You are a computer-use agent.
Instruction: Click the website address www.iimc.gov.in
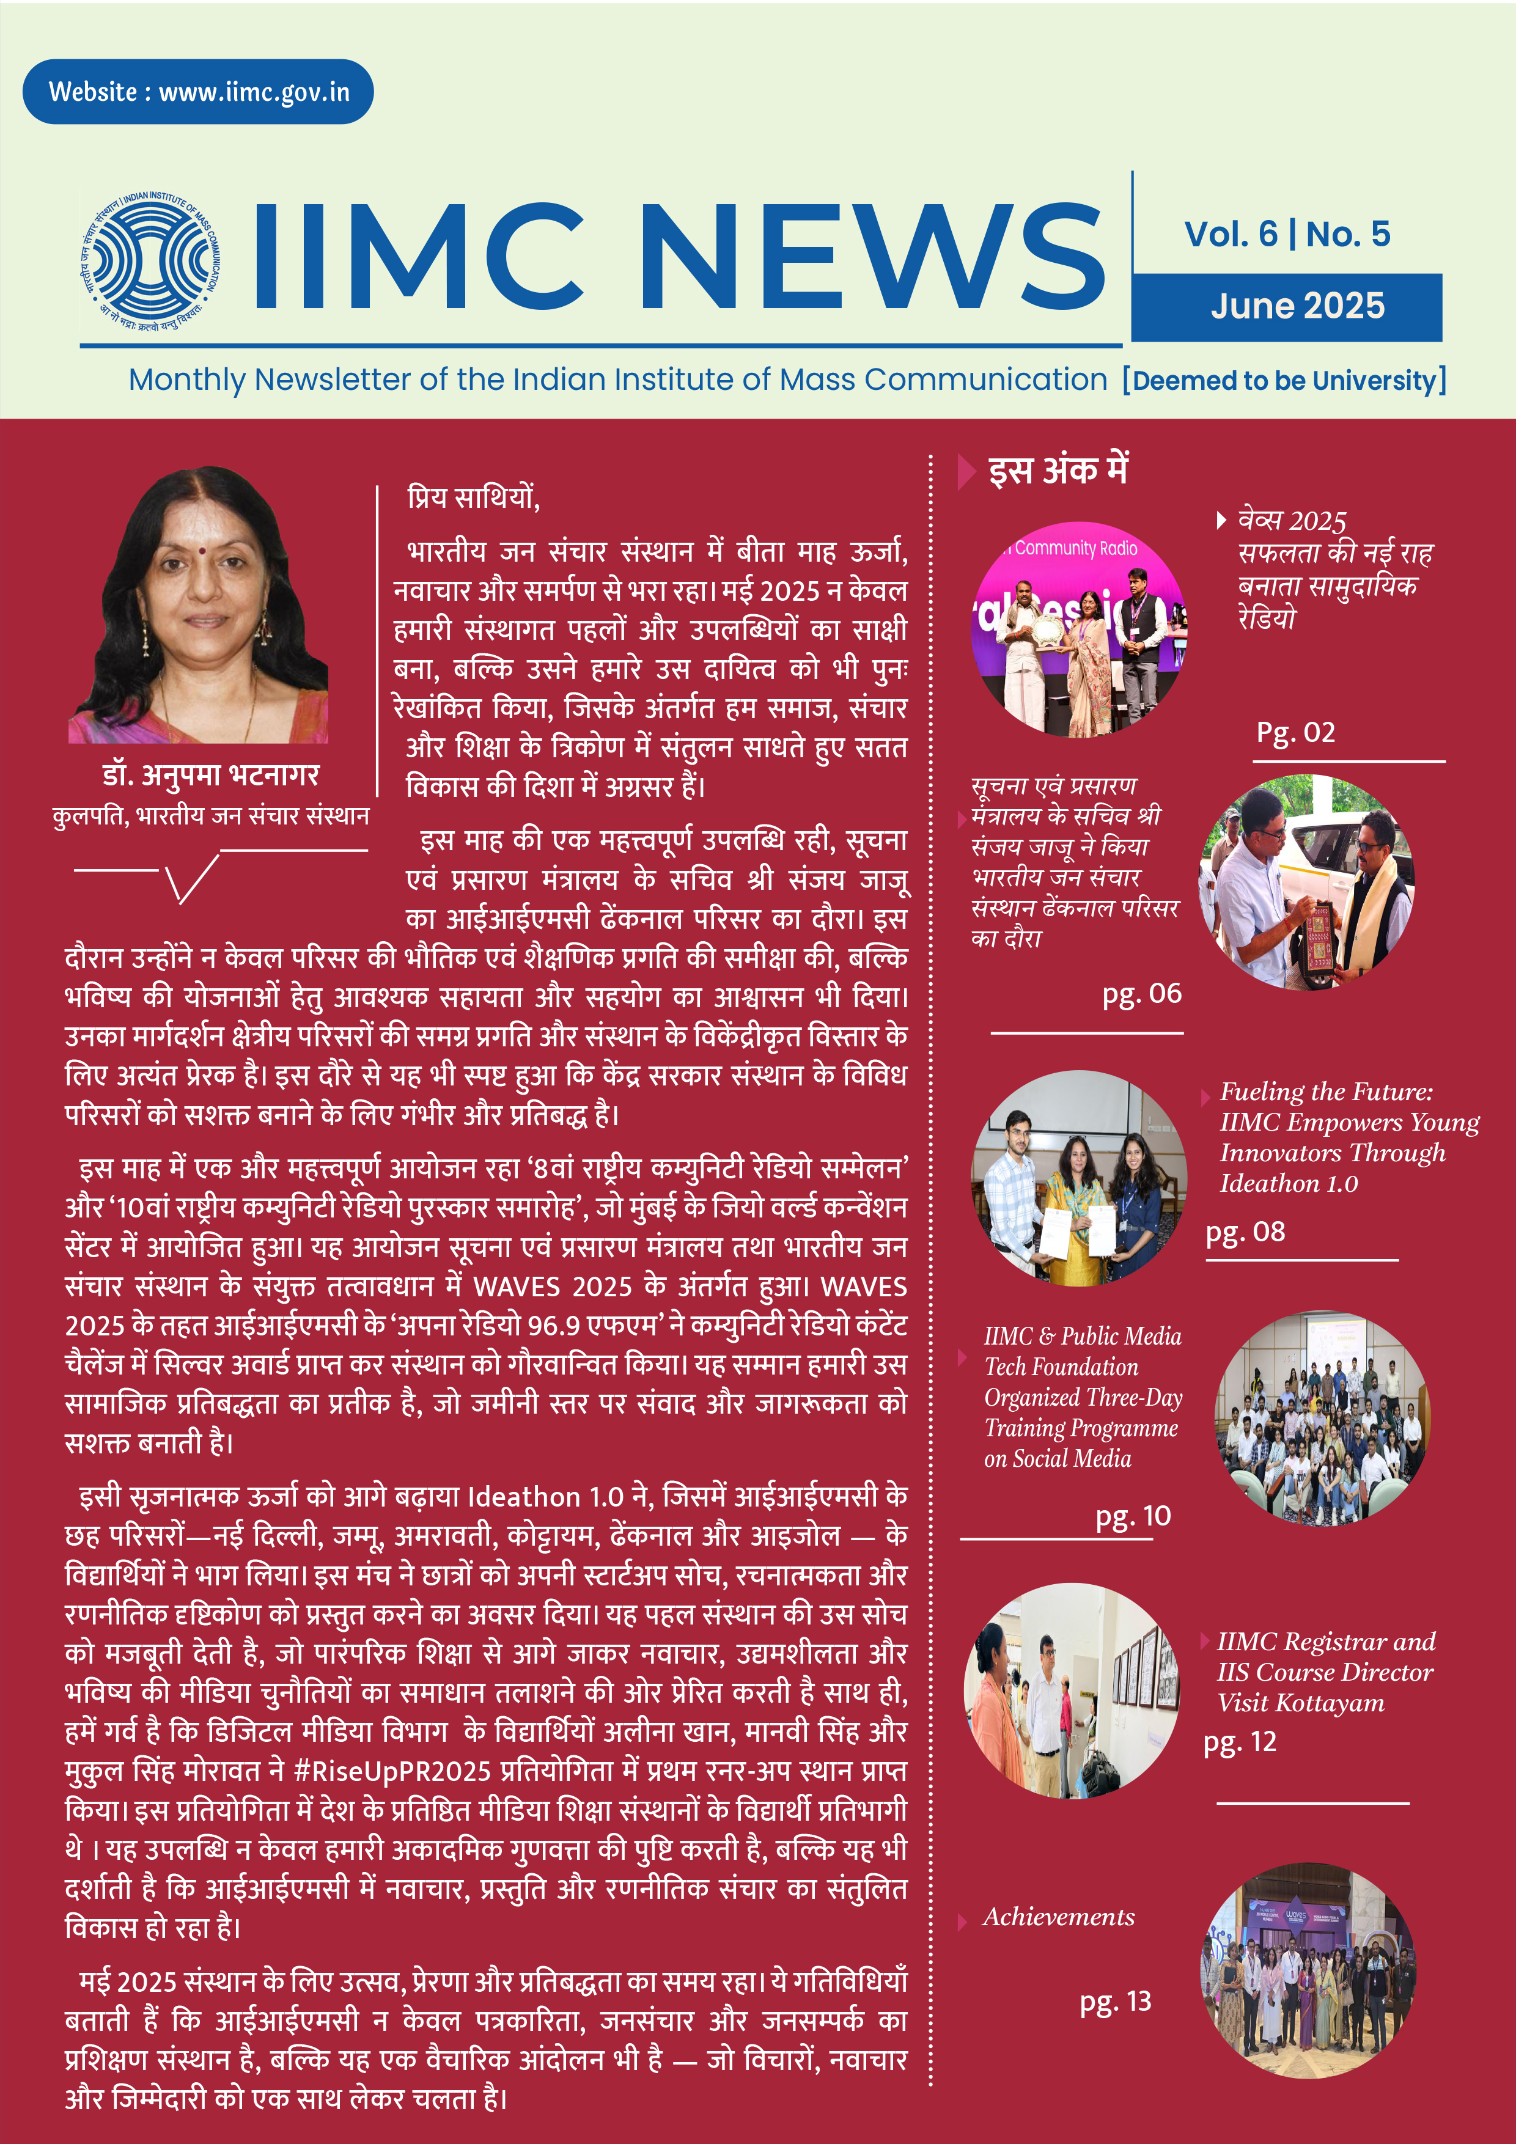(254, 92)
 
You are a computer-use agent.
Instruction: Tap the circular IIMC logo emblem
(149, 257)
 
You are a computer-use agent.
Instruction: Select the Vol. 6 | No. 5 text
(1286, 233)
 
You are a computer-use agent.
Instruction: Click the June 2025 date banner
(1297, 306)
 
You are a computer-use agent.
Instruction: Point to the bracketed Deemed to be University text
(1284, 380)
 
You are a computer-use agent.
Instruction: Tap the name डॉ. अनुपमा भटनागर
(210, 775)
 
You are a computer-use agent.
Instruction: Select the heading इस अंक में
(1058, 470)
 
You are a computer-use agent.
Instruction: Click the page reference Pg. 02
(1295, 732)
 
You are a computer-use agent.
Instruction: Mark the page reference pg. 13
(1115, 2000)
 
